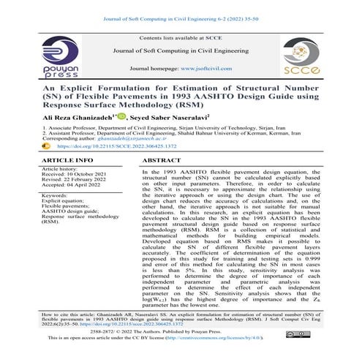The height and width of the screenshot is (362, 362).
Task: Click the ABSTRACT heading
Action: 162,159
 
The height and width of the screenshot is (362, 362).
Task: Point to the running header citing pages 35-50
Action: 180,7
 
